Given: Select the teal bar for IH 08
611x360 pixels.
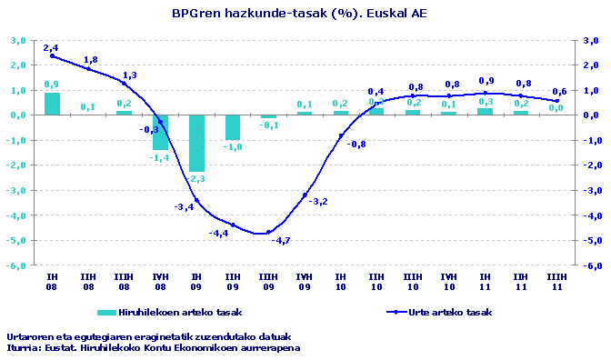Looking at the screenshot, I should pos(53,104).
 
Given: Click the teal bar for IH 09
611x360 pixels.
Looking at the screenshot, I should pos(196,143).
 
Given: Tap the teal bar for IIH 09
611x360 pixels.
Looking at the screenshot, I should pos(233,127).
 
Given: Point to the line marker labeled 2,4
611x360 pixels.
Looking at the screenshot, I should pos(53,55).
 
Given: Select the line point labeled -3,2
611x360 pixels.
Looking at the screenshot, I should pos(305,195).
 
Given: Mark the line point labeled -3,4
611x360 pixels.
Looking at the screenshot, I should pos(196,200).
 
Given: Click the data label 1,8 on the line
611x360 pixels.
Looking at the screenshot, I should pos(91,60).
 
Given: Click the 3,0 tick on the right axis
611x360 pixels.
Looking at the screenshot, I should pos(590,40).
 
